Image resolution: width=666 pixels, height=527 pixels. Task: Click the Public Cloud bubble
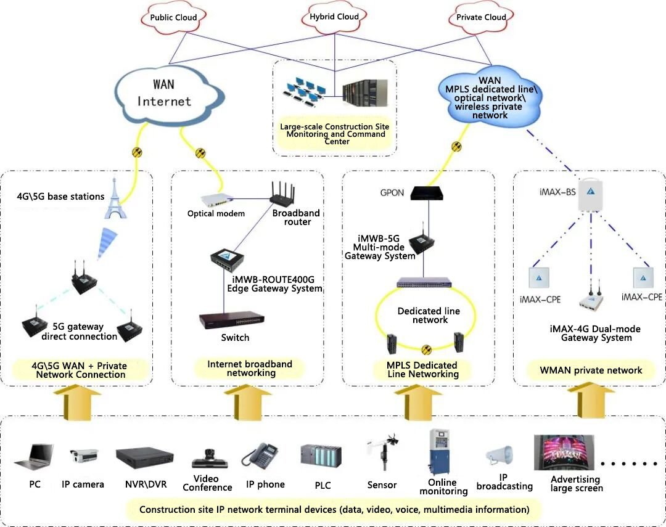(x=173, y=17)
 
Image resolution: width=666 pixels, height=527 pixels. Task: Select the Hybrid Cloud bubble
(x=334, y=17)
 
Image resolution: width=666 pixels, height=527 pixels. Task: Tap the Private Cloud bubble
(x=481, y=17)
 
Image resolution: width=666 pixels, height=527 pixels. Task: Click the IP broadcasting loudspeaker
(x=497, y=456)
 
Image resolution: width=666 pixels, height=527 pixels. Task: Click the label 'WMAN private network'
(x=591, y=370)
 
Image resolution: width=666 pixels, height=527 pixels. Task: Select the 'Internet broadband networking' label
(x=249, y=368)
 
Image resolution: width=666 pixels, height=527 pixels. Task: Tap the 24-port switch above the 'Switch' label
(x=232, y=319)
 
